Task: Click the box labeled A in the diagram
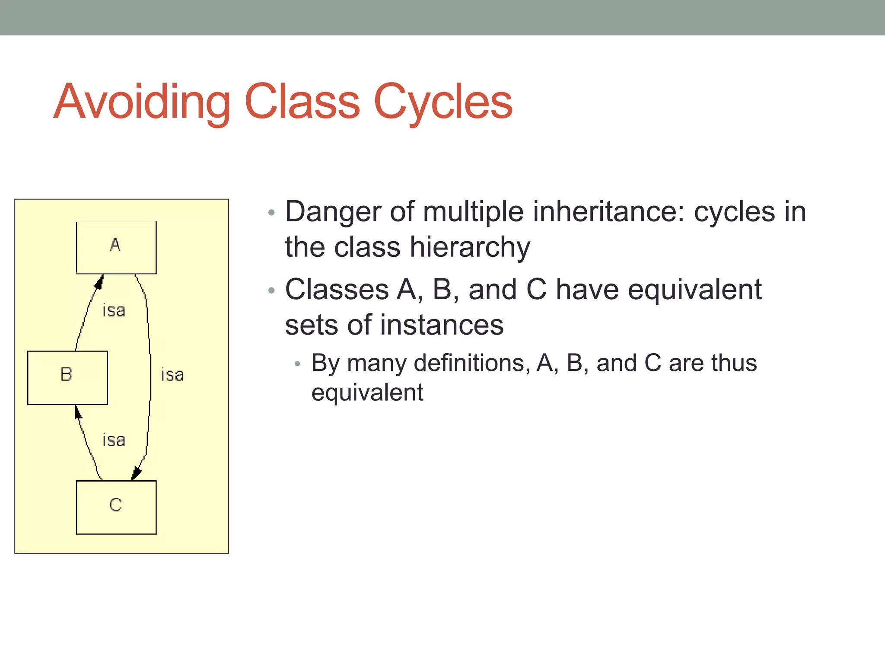coord(116,247)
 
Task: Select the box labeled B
coord(67,377)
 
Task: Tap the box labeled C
coord(116,507)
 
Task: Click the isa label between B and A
coord(114,310)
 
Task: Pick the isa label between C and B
coord(114,440)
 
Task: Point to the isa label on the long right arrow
coord(172,375)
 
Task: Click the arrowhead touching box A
coord(99,282)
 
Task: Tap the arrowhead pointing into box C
coord(137,473)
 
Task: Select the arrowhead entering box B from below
coord(78,412)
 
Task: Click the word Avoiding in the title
coord(142,102)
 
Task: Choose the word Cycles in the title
coord(442,102)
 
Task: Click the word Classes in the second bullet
coord(337,290)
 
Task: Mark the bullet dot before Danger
coord(271,213)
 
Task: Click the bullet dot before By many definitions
coord(297,364)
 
